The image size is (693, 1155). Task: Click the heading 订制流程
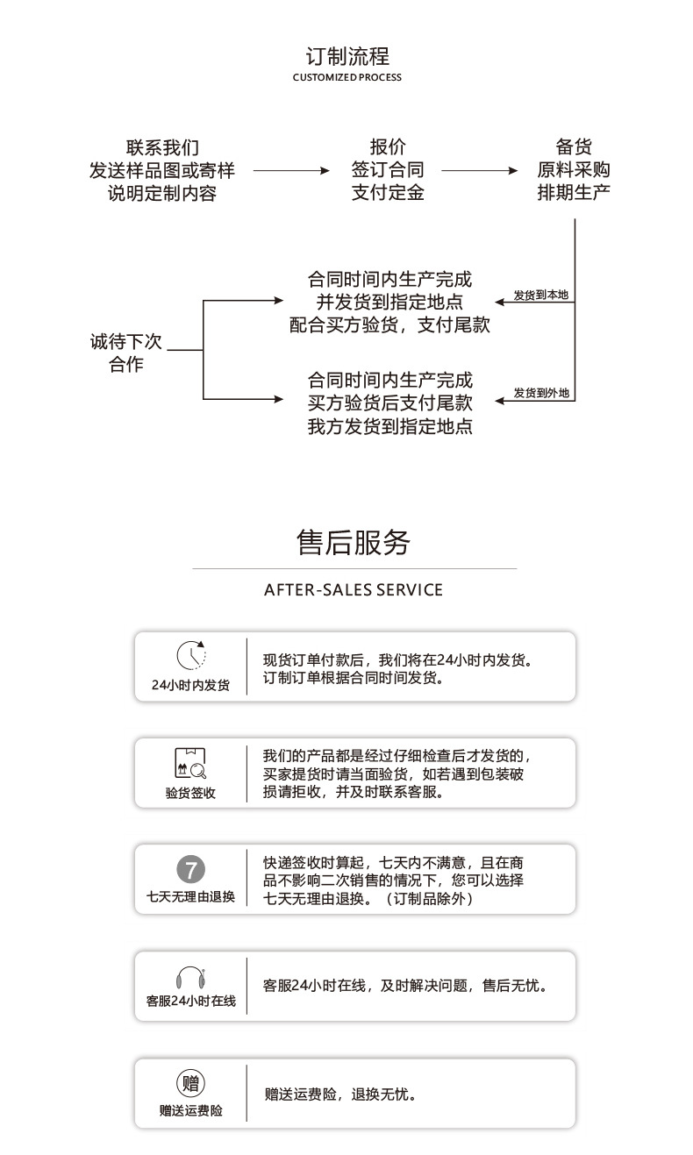click(x=346, y=57)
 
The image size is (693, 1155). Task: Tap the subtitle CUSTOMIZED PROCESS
click(x=346, y=78)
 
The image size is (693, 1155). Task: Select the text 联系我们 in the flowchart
click(x=162, y=147)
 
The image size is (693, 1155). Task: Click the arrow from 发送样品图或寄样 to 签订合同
click(x=289, y=171)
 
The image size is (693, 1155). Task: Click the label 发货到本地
click(x=540, y=296)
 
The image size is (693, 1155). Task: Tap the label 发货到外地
click(x=540, y=393)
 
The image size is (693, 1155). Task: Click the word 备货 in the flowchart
click(x=574, y=147)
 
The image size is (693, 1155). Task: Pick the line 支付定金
click(x=388, y=193)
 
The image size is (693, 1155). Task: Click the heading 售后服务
click(x=354, y=543)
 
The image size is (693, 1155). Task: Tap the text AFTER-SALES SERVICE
click(x=354, y=590)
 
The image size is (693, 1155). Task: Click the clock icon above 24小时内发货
click(x=190, y=655)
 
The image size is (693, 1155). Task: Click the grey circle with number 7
click(x=190, y=869)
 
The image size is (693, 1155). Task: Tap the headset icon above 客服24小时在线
click(x=190, y=977)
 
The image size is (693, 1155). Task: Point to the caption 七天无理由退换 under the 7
click(x=190, y=896)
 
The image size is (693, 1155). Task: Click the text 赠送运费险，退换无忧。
click(x=339, y=1094)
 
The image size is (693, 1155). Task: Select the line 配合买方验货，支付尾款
click(x=389, y=324)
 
